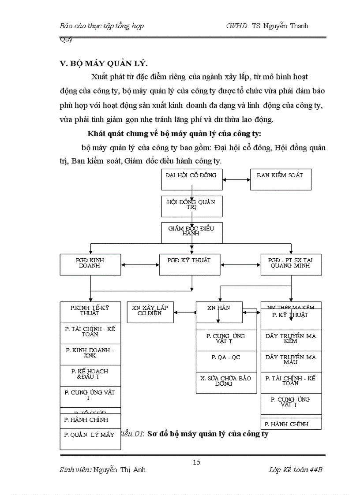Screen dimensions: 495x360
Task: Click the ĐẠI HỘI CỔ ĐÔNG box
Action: (191, 179)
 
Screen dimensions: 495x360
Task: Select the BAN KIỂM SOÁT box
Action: (281, 179)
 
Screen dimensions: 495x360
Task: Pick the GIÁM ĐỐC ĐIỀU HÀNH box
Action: (191, 233)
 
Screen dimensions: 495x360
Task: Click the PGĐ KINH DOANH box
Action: (90, 264)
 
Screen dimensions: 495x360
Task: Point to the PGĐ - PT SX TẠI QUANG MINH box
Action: (291, 264)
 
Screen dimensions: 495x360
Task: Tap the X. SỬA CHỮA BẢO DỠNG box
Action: (226, 383)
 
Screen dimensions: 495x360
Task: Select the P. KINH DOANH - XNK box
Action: (90, 354)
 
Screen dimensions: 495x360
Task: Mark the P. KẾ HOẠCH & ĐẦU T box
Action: (90, 376)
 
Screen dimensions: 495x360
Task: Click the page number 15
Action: (196, 462)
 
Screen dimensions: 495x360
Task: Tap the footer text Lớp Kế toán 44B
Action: (296, 470)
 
